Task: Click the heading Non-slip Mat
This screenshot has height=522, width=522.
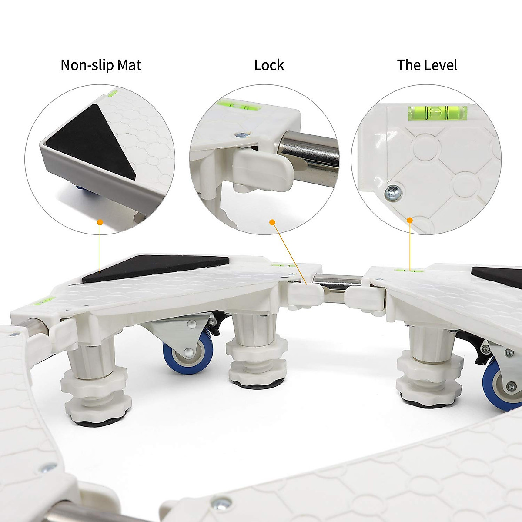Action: click(x=101, y=65)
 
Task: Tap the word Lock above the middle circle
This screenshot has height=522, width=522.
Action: click(x=269, y=65)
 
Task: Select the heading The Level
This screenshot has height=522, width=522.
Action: click(x=427, y=65)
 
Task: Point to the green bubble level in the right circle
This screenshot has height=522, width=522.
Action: click(x=437, y=112)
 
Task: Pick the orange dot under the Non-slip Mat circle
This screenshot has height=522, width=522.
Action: click(x=100, y=222)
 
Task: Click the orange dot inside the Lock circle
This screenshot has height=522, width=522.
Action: click(x=273, y=222)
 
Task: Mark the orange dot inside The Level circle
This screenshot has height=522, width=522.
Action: click(x=410, y=220)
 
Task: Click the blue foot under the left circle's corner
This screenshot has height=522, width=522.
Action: click(x=80, y=187)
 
